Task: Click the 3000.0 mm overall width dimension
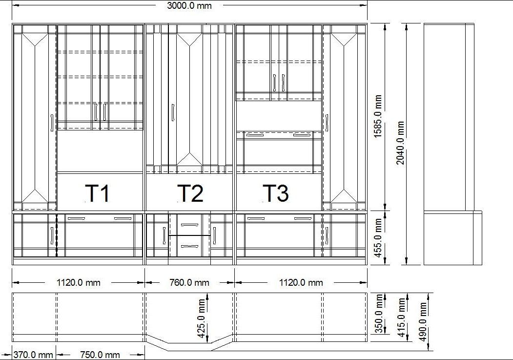click(x=189, y=5)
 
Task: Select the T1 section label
click(x=97, y=193)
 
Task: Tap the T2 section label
click(x=190, y=193)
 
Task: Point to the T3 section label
click(x=276, y=193)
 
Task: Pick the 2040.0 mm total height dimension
click(x=400, y=143)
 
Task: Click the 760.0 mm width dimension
click(x=189, y=282)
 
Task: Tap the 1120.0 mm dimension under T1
click(x=79, y=282)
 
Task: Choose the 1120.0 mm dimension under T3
click(x=301, y=282)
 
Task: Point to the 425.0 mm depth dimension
click(x=202, y=318)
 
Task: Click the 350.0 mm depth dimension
click(x=379, y=314)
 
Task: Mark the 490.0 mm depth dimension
click(x=423, y=321)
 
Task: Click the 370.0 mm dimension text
click(x=33, y=355)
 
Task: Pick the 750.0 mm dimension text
click(x=100, y=355)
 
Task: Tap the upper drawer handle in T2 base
click(x=190, y=225)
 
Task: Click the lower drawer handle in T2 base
click(x=190, y=247)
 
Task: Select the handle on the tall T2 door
click(x=173, y=112)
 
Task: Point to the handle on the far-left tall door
click(x=52, y=123)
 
